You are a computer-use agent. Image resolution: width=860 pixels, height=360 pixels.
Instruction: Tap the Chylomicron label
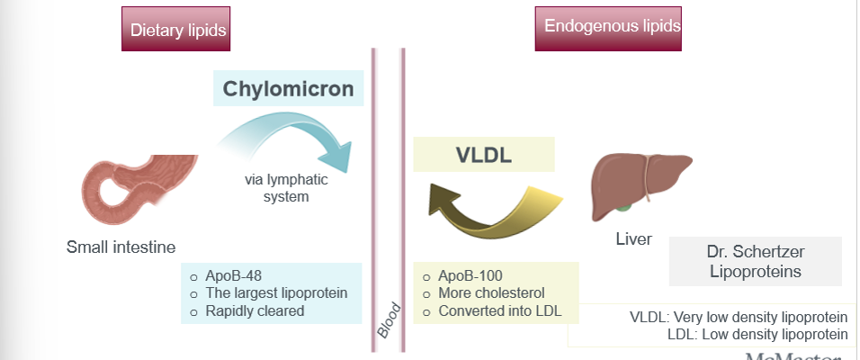point(288,89)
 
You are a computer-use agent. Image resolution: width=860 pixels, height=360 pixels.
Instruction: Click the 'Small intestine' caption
point(121,246)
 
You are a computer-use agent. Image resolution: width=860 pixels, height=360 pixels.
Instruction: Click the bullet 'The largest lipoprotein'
point(270,293)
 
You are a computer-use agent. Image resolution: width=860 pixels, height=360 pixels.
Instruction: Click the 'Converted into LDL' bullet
point(496,311)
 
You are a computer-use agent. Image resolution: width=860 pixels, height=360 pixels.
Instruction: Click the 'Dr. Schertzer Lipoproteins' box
point(755,261)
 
